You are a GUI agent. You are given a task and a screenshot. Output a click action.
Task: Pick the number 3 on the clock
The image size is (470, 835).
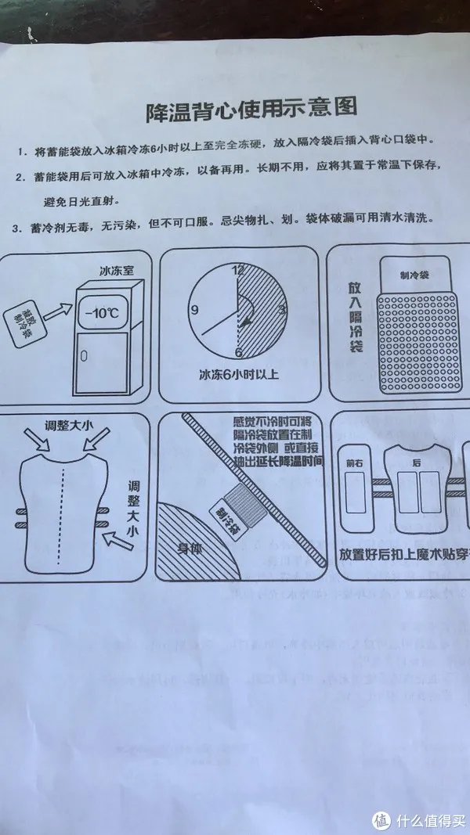[x=283, y=311]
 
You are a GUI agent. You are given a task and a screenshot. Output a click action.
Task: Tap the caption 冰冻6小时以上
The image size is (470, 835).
[x=239, y=374]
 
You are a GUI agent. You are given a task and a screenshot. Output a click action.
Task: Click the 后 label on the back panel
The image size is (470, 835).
[x=418, y=462]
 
